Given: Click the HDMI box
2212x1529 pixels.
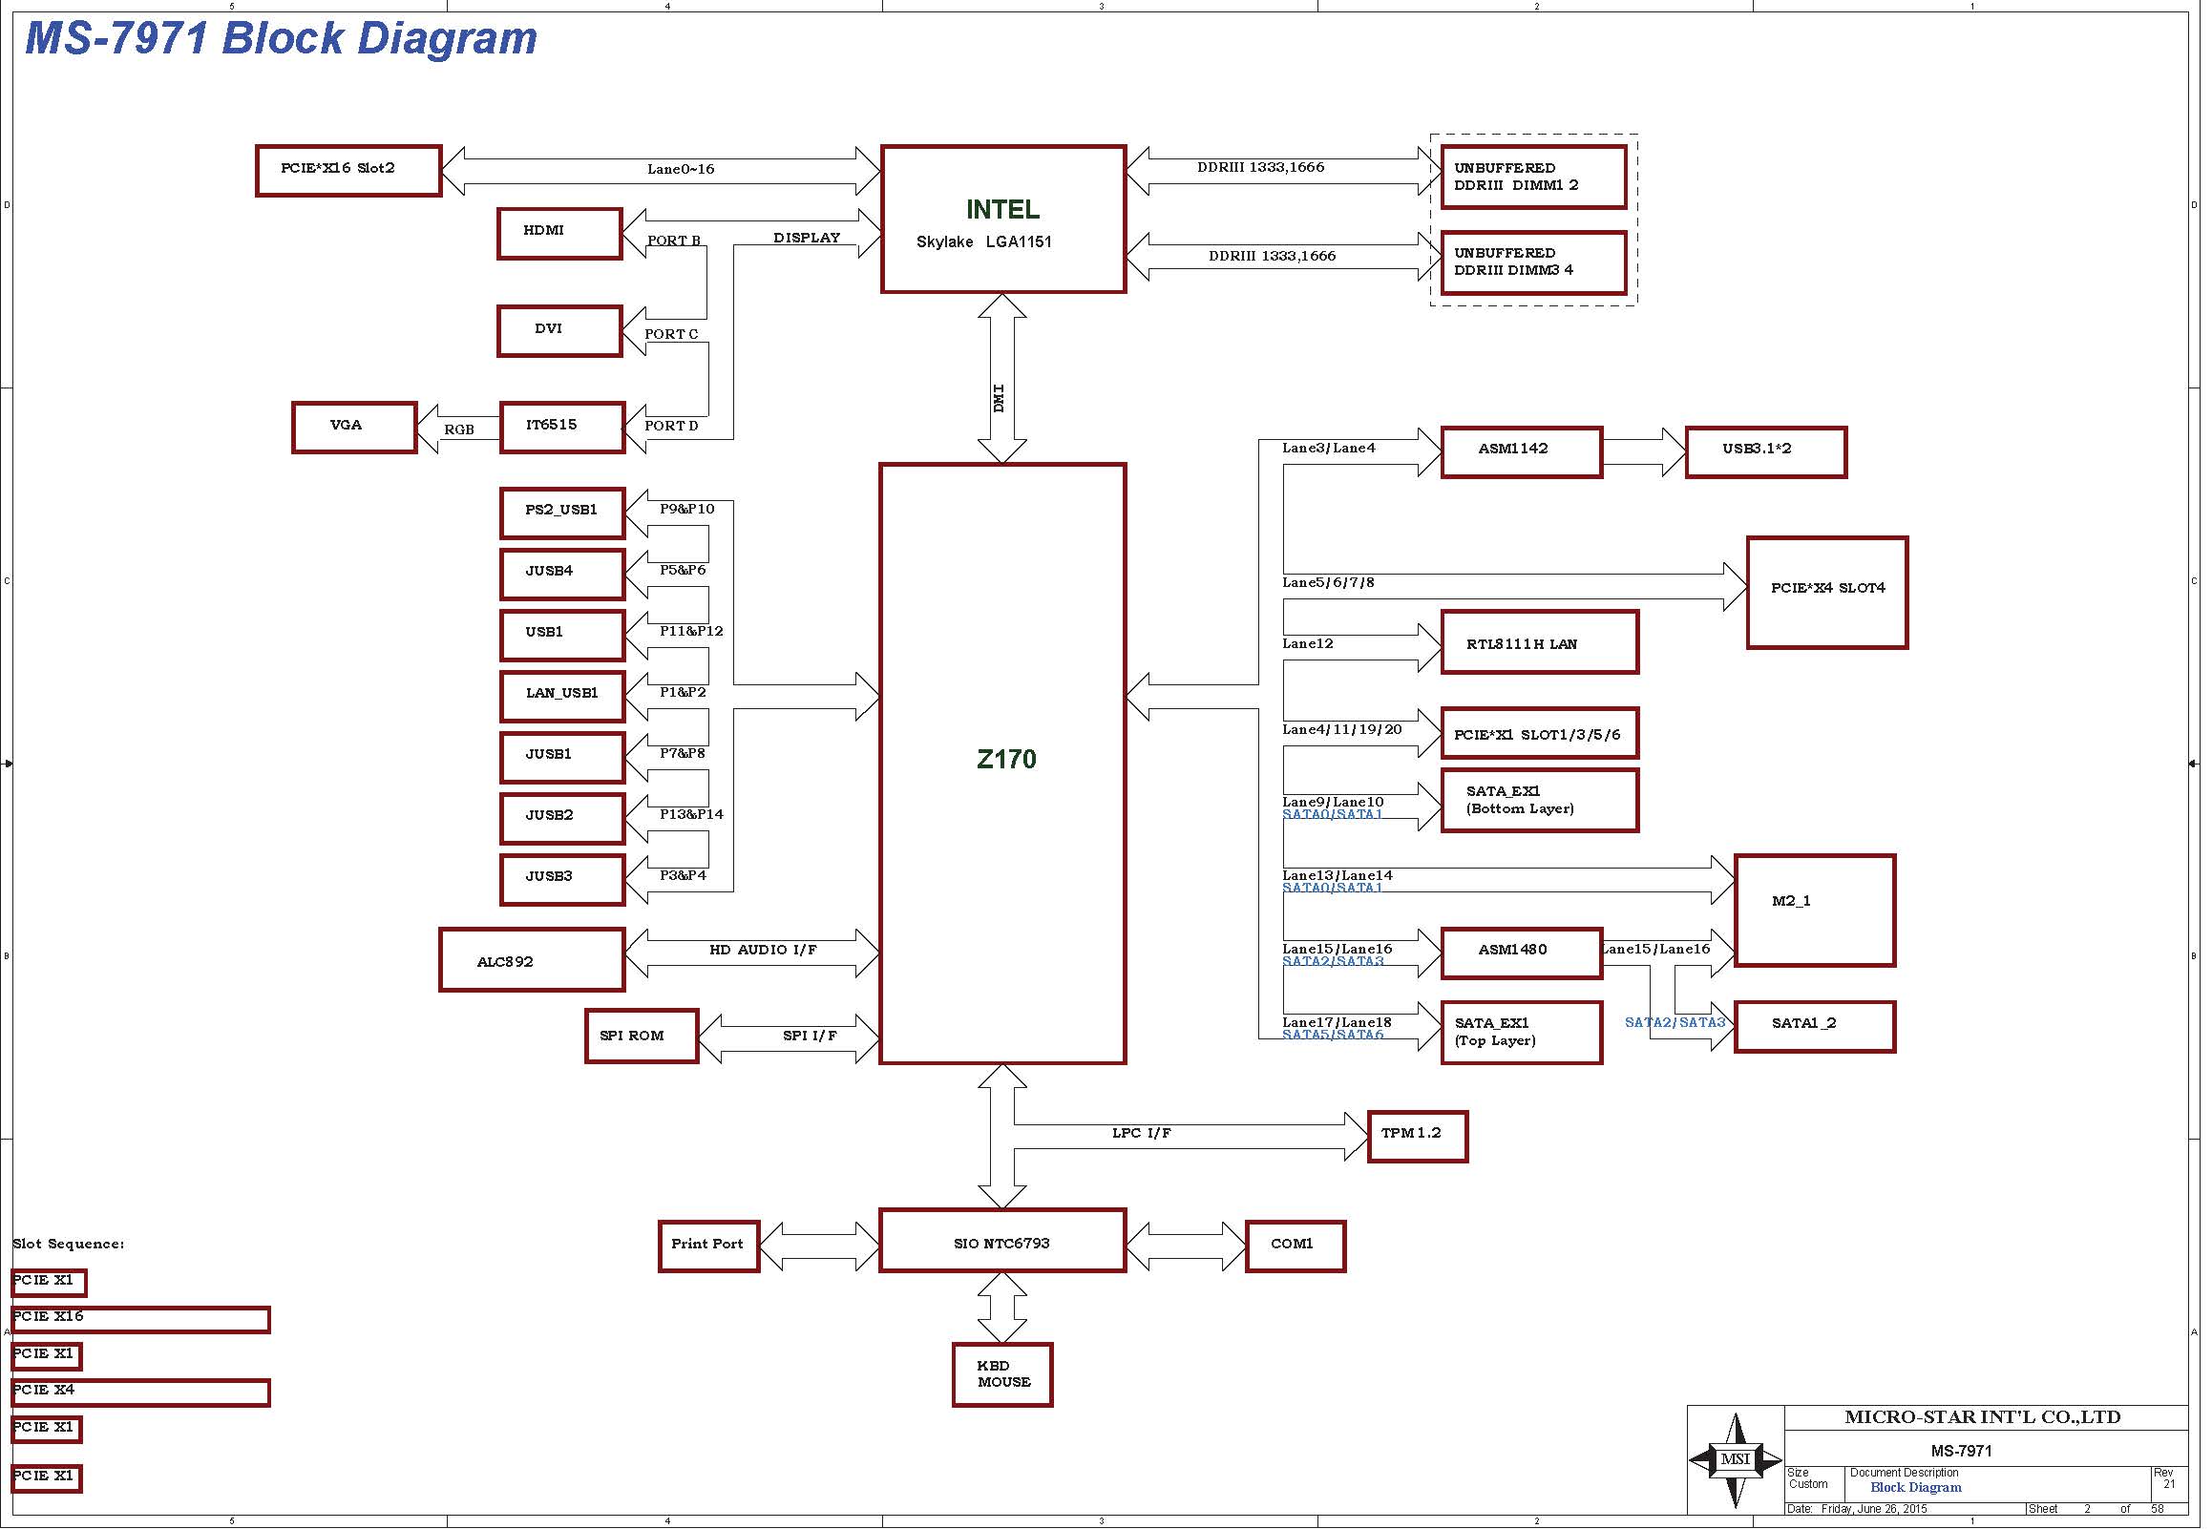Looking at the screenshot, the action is click(560, 234).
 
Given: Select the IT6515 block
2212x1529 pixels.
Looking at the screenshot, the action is click(562, 428).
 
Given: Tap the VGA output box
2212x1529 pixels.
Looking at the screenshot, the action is click(354, 428).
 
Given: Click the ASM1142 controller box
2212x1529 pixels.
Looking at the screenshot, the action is click(1523, 452).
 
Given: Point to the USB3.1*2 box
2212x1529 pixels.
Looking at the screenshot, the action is click(1766, 452).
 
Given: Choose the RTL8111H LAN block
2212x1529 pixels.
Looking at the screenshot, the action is click(1541, 642).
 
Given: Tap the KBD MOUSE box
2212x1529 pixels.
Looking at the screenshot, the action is click(1003, 1375).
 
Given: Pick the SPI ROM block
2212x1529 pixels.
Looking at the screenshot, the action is click(642, 1037).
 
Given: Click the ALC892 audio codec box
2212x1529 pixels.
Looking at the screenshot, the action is click(533, 960).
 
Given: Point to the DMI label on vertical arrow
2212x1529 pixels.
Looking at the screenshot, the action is click(1000, 399).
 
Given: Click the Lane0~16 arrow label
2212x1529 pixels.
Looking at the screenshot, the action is click(681, 170).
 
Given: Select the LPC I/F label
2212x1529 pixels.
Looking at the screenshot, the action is click(1142, 1133).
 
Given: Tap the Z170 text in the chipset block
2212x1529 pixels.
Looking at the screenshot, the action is click(1007, 760).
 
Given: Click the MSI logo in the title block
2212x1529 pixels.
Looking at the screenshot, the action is click(1736, 1461).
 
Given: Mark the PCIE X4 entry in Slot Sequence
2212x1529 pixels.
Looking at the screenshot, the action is click(141, 1393).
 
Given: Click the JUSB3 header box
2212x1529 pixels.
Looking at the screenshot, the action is click(562, 879).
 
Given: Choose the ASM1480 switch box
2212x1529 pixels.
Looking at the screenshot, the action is click(1523, 953).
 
